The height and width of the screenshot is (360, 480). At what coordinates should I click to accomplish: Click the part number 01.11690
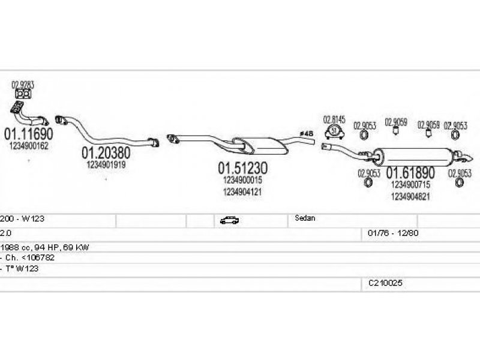tap(29, 133)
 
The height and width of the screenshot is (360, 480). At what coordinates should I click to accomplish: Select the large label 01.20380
tap(106, 152)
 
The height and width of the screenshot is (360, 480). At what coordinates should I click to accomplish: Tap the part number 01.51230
tap(242, 167)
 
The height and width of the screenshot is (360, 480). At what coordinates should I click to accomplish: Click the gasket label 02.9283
tap(23, 85)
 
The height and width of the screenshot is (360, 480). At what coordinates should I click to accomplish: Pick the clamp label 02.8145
tap(334, 119)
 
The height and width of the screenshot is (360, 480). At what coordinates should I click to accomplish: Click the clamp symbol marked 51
tap(335, 131)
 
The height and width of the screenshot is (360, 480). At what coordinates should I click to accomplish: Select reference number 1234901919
tap(106, 164)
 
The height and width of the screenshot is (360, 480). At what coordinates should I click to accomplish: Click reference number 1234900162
tap(29, 145)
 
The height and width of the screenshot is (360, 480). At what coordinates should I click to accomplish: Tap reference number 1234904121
tap(242, 191)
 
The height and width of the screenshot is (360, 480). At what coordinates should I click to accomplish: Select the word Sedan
tap(306, 218)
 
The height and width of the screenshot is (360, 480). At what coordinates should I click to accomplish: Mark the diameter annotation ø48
tap(306, 133)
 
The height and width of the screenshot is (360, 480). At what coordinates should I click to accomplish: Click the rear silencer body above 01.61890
tap(414, 155)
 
